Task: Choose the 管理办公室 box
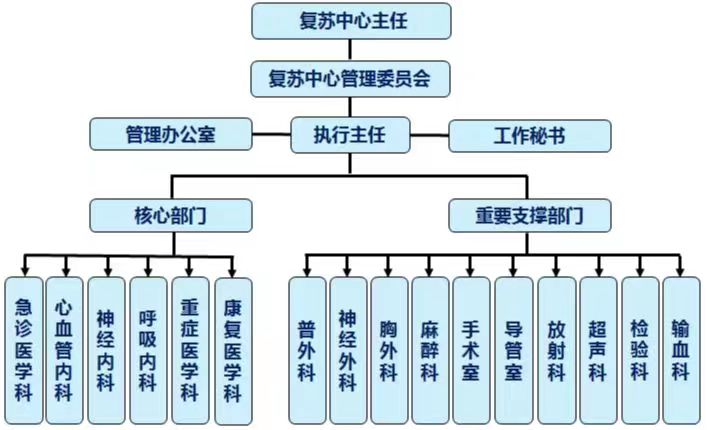tap(170, 134)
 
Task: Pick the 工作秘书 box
tap(529, 134)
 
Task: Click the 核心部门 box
tap(170, 214)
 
